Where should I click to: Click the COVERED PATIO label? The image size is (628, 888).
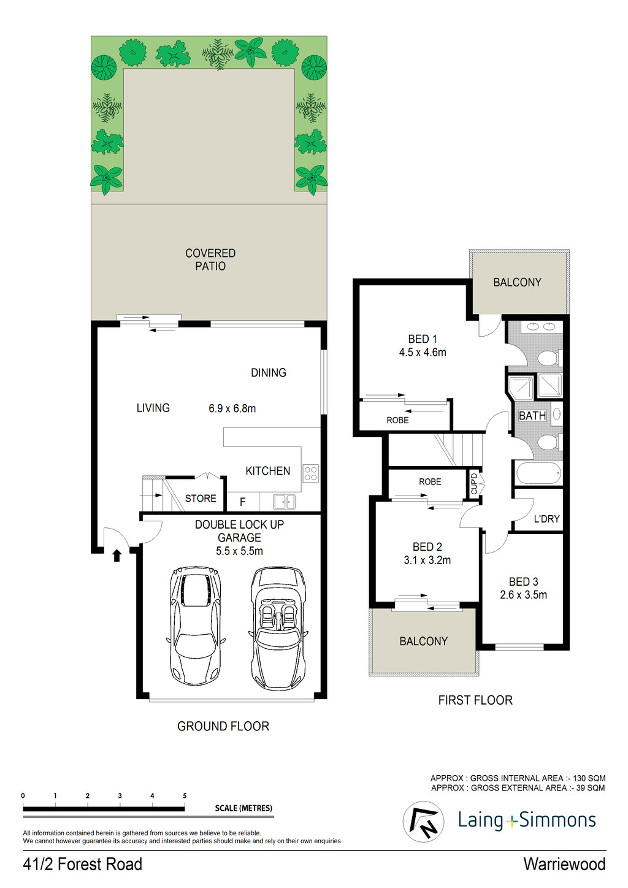(210, 259)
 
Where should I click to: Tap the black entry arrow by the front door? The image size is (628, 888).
(117, 556)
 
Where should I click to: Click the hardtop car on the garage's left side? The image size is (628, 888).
(195, 625)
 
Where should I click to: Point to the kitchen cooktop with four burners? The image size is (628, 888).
(311, 473)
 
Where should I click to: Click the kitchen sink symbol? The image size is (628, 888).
(284, 502)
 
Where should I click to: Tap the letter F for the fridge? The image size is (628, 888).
(242, 502)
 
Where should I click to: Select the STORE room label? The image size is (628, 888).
(201, 499)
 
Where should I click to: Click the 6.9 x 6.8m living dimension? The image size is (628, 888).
(232, 408)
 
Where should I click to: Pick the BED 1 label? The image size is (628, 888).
(423, 339)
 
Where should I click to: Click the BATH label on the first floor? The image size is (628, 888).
(532, 416)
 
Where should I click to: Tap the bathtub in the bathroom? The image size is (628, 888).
(538, 473)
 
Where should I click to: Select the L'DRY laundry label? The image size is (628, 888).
(546, 519)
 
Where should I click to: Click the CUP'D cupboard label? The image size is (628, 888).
(474, 483)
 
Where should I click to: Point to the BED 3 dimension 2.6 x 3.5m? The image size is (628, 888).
(523, 595)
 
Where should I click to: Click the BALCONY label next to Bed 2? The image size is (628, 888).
(423, 641)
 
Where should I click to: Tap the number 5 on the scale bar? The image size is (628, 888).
(185, 795)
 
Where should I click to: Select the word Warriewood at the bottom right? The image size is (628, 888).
(564, 864)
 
